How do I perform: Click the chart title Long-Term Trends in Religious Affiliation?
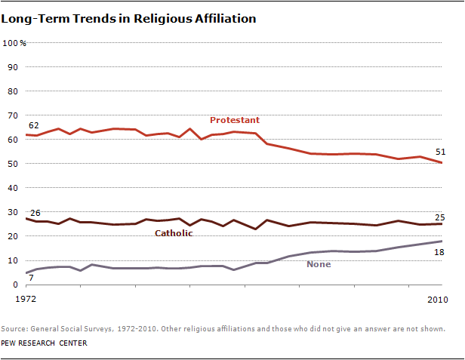pyautogui.click(x=128, y=18)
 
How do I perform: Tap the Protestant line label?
pyautogui.click(x=234, y=120)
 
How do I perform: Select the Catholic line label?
pyautogui.click(x=174, y=233)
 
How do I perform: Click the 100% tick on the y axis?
pyautogui.click(x=14, y=43)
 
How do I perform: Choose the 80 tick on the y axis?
pyautogui.click(x=11, y=91)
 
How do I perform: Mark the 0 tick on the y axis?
pyautogui.click(x=14, y=285)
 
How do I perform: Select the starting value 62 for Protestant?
pyautogui.click(x=33, y=125)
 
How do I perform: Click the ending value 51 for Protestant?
pyautogui.click(x=439, y=151)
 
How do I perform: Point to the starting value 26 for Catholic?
pyautogui.click(x=34, y=214)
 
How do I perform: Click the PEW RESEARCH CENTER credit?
pyautogui.click(x=44, y=343)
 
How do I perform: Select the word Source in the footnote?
pyautogui.click(x=14, y=329)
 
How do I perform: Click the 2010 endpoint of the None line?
pyautogui.click(x=441, y=242)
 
